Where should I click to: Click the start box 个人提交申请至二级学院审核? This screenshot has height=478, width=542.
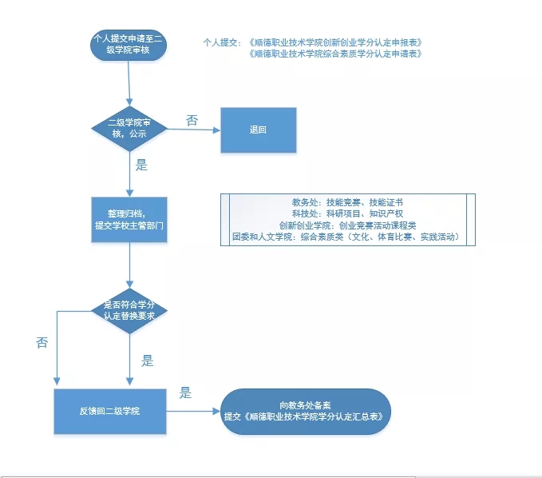[x=129, y=44]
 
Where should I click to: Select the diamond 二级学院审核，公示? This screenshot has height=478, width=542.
[x=129, y=129]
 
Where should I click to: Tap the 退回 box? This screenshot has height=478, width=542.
[x=258, y=129]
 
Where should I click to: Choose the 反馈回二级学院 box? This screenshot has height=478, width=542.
[x=109, y=411]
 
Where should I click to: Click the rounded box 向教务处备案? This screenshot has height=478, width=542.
[x=305, y=411]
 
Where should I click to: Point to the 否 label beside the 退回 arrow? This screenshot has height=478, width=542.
[x=192, y=120]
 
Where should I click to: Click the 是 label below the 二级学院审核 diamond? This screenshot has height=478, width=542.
[x=142, y=166]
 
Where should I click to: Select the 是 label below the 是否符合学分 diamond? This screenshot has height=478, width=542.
[x=147, y=360]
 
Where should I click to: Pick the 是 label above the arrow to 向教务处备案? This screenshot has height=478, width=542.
[x=185, y=392]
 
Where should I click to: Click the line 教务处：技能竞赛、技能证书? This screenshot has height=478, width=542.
[x=347, y=203]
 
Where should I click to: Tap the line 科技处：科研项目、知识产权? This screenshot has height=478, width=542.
[x=347, y=214]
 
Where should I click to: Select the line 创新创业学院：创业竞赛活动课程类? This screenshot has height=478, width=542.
[x=347, y=225]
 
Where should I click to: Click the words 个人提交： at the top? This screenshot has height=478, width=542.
[x=223, y=42]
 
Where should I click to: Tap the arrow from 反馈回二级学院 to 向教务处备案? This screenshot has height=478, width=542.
[x=193, y=412]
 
